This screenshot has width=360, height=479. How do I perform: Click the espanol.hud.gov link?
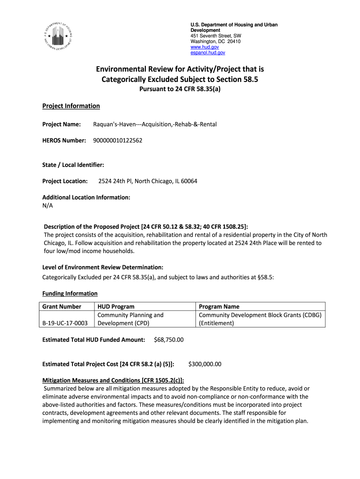pos(208,53)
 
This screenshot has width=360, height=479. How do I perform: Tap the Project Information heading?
pos(71,106)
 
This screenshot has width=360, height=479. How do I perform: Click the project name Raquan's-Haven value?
pos(155,124)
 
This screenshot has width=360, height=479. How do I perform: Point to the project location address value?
pos(147,181)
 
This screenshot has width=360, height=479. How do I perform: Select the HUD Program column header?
pos(116,306)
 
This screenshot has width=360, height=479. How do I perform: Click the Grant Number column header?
pos(62,306)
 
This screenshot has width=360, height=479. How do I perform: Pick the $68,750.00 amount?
pos(168,340)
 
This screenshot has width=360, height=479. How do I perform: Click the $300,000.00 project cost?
pos(204,364)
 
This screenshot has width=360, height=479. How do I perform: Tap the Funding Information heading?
pos(70,293)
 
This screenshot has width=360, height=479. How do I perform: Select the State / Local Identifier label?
pos(73,165)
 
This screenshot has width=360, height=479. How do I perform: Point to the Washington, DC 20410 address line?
pos(216,42)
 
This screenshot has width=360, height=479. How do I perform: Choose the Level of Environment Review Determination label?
pos(103,267)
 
